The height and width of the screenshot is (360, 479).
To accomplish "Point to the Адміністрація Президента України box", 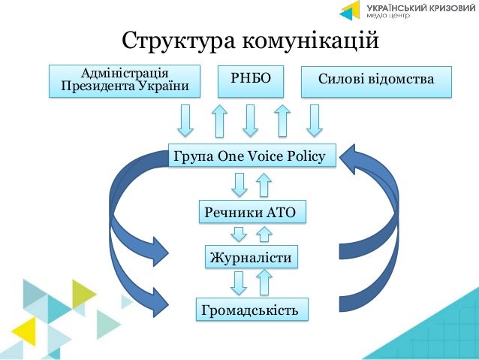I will pos(125,81).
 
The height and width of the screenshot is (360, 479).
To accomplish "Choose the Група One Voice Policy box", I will pos(249,156).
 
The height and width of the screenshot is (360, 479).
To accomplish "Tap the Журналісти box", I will pos(250,257).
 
